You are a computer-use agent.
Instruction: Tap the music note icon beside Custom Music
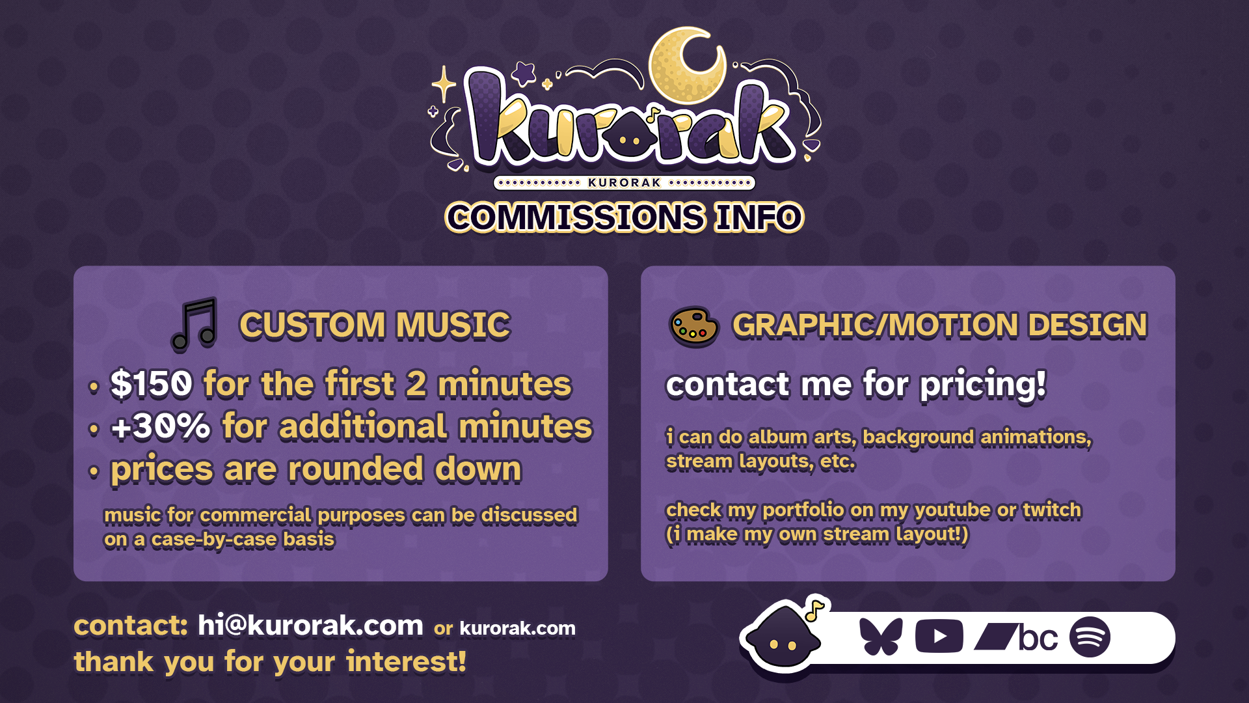[194, 324]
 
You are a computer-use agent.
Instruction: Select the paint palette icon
[693, 326]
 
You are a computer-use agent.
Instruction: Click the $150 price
[152, 383]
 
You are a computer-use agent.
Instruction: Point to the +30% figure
[160, 427]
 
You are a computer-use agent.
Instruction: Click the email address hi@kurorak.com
[310, 626]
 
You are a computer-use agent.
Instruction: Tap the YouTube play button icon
[939, 637]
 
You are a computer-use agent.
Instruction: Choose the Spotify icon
[1090, 637]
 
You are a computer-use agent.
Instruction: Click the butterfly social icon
[881, 636]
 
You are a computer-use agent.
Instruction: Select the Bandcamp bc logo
[1016, 637]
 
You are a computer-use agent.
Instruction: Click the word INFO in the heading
[759, 217]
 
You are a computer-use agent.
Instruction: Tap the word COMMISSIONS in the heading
[575, 217]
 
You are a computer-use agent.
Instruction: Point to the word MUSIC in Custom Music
[453, 325]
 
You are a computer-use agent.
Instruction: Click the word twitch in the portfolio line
[1052, 510]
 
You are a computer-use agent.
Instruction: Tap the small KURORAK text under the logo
[624, 183]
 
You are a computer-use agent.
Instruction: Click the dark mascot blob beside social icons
[781, 638]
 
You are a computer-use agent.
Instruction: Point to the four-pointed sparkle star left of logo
[444, 84]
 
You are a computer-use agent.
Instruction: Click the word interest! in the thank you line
[406, 662]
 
